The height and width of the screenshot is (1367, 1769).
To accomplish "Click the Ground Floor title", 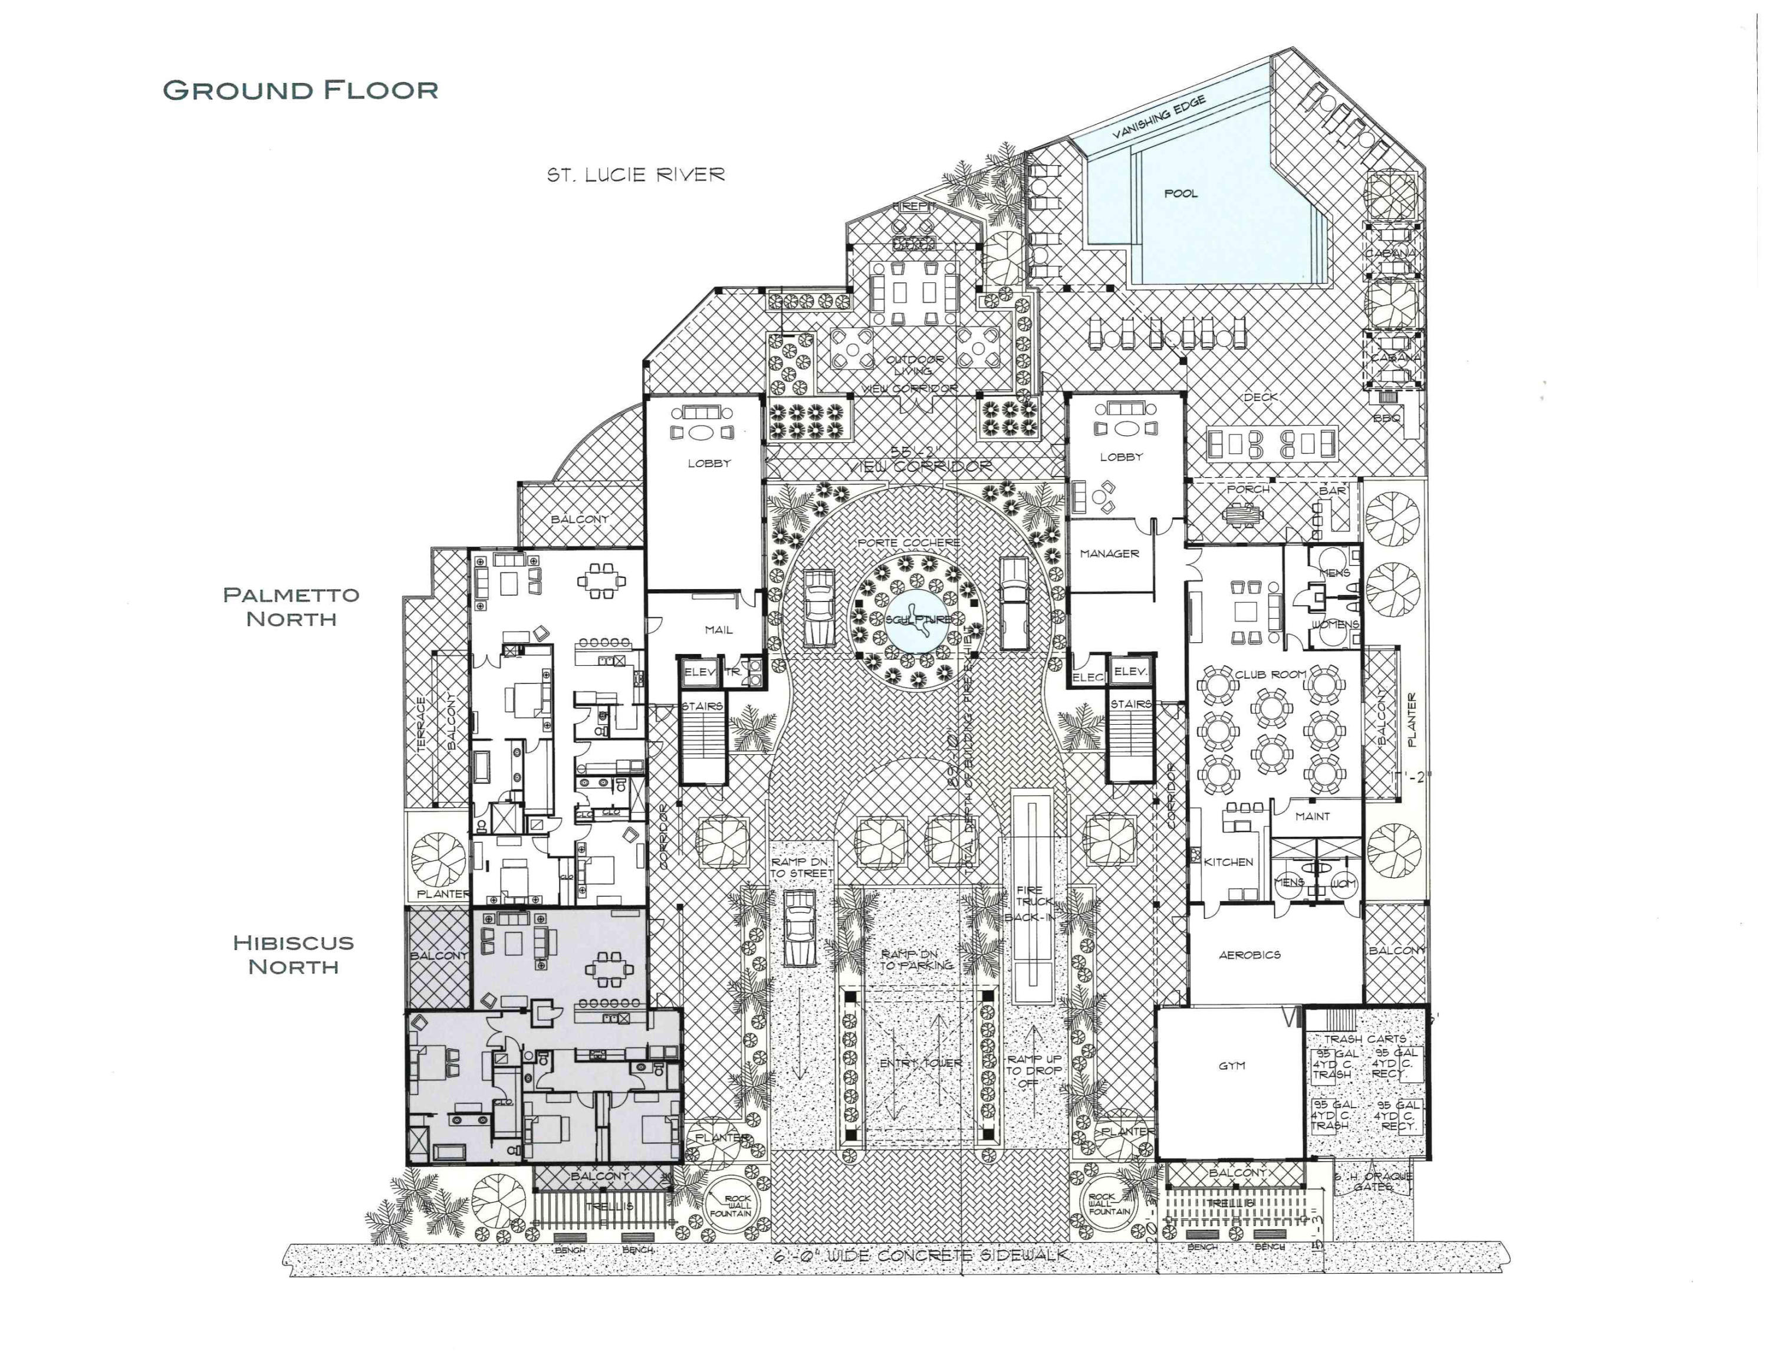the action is tap(301, 90).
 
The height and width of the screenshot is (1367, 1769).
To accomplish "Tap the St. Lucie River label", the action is tap(636, 175).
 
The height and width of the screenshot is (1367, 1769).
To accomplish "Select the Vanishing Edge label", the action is tap(1159, 118).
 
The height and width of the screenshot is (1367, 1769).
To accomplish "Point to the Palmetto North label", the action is tap(292, 607).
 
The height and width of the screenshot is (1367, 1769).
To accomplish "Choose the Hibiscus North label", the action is tap(293, 954).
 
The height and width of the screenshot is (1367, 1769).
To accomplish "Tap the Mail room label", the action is tap(718, 629).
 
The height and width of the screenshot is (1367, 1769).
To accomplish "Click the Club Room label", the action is tap(1270, 674).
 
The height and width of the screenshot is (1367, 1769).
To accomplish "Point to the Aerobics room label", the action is tap(1250, 955).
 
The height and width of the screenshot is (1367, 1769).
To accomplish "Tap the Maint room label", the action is tap(1312, 816).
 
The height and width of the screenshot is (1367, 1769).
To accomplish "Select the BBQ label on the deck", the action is tap(1387, 418).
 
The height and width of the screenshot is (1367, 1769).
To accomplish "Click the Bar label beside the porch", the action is tap(1333, 491).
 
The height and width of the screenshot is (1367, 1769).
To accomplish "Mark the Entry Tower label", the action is tap(921, 1063).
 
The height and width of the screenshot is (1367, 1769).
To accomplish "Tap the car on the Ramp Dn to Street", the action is tap(800, 927).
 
